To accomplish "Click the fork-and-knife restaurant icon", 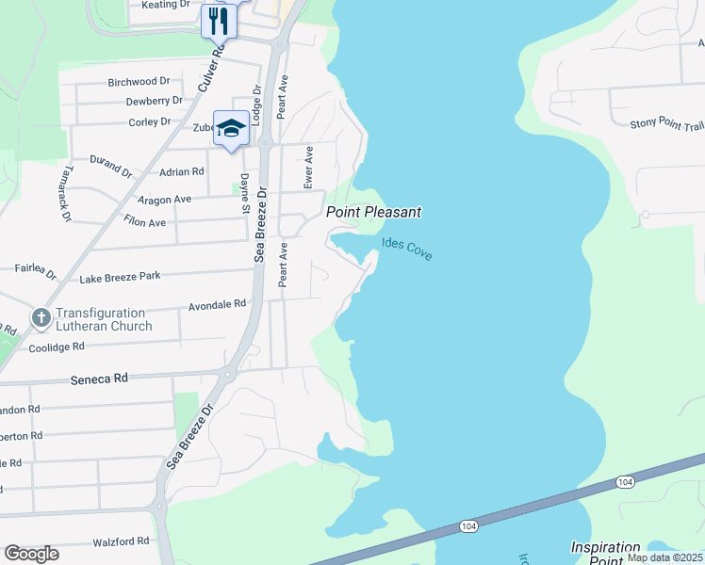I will point(219,20).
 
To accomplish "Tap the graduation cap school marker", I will point(231,128).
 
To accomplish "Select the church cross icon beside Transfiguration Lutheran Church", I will point(41,318).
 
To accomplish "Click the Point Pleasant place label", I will point(373,213).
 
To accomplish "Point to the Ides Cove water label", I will point(407,249).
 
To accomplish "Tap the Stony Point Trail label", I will point(667,123).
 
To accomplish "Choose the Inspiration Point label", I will point(605,554).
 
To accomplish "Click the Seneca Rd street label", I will point(99,377).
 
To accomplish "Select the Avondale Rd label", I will point(217,304).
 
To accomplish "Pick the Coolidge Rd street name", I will point(57,347).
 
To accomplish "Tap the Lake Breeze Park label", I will point(120,277).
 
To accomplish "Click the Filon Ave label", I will point(144,223).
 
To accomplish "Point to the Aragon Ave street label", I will point(164,200).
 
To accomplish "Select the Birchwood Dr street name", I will point(138,82).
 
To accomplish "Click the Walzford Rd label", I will point(121,541).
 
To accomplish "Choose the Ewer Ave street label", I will point(308,167).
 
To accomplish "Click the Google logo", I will point(31,554).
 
